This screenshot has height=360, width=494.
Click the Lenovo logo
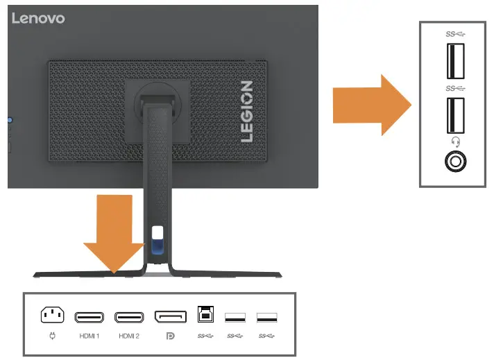click(38, 18)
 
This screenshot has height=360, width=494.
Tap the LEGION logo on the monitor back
click(246, 111)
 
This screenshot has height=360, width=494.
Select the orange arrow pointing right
click(372, 105)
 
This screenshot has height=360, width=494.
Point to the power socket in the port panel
click(52, 316)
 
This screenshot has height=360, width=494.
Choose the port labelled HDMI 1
click(90, 318)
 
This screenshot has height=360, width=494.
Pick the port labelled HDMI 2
click(129, 318)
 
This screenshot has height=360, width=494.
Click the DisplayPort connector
click(170, 318)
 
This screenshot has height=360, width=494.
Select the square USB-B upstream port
click(205, 314)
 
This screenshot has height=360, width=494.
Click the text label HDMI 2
click(130, 336)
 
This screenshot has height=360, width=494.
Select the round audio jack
click(455, 162)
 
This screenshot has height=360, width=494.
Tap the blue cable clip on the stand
click(155, 247)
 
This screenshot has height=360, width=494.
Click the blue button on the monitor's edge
click(10, 120)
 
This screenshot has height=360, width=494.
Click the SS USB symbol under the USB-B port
click(205, 336)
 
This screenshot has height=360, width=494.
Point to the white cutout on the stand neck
click(157, 234)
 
